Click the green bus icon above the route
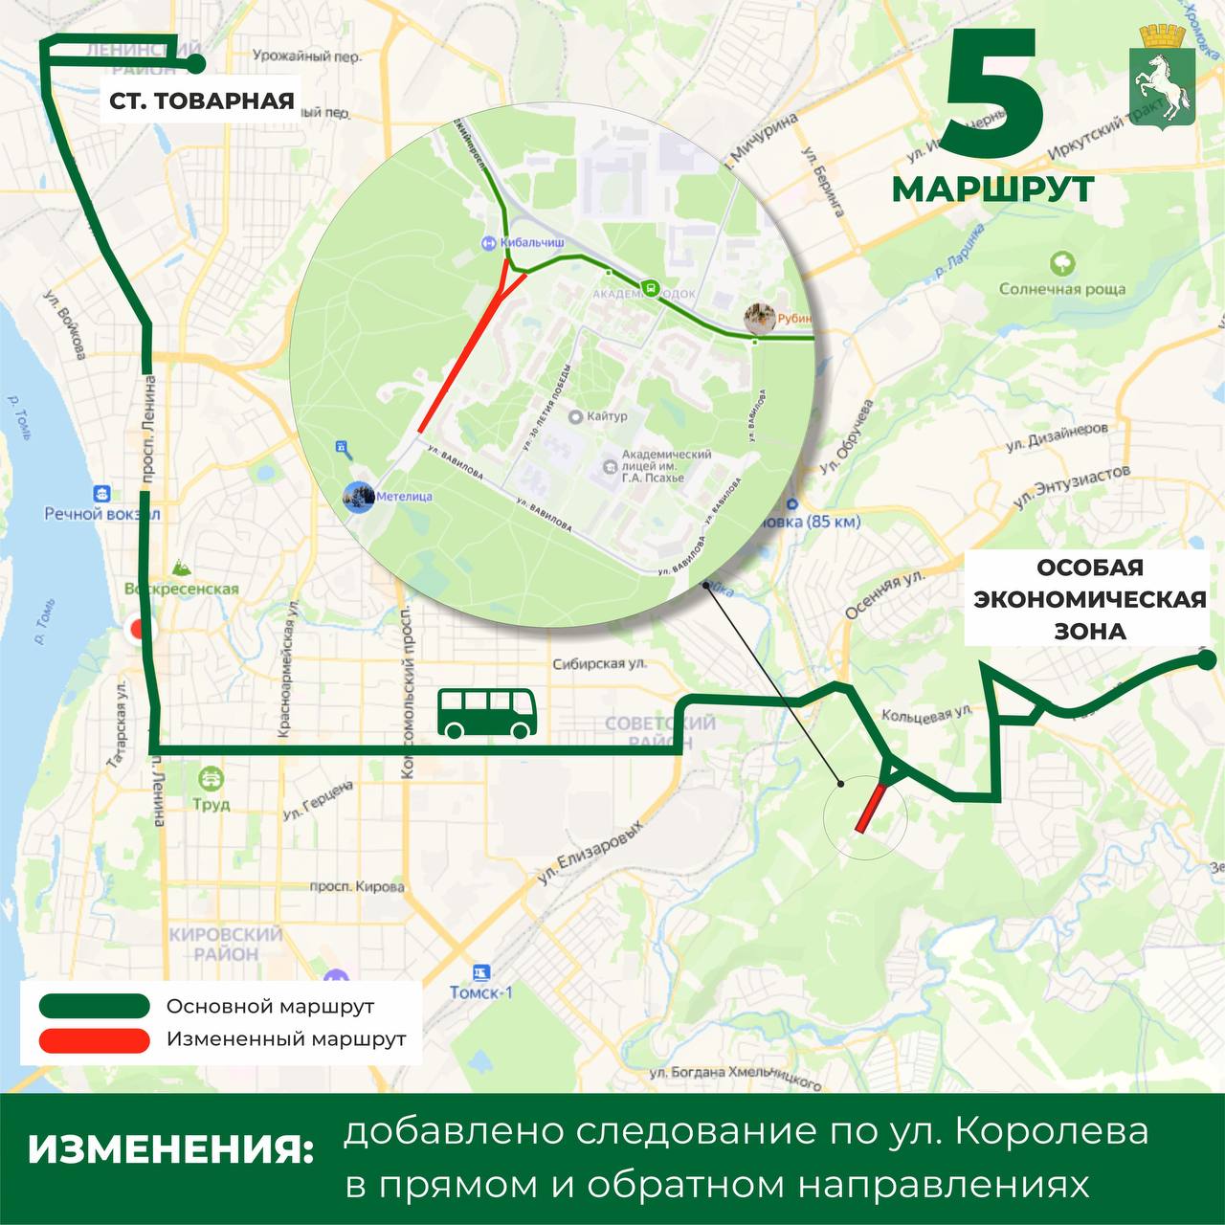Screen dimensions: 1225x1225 [486, 713]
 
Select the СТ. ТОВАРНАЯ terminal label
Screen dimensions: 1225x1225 [202, 100]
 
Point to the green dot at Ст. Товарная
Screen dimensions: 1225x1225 [195, 64]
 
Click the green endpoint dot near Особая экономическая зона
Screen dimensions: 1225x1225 [1206, 659]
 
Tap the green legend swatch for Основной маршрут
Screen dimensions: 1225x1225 [95, 1007]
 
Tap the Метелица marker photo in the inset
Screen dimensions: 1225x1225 [359, 496]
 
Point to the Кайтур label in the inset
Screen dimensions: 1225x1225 [607, 416]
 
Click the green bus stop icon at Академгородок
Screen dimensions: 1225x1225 [650, 287]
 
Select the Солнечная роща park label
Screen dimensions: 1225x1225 [1062, 288]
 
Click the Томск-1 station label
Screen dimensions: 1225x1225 [481, 991]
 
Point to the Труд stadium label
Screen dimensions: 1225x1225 [211, 804]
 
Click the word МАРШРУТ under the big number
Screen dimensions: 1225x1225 [993, 189]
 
